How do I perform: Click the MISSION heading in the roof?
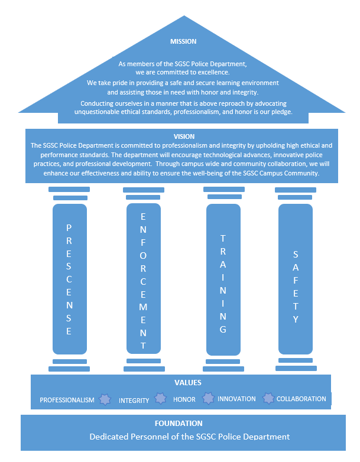183,41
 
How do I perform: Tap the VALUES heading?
188,383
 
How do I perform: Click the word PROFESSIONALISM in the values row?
67,400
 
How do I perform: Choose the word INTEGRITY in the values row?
134,400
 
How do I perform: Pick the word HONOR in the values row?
184,399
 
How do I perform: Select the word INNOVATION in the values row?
236,399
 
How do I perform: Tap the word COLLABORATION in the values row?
301,399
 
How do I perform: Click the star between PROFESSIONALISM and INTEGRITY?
105,399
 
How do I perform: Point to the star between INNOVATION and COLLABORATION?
268,399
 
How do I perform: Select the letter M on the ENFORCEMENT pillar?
143,307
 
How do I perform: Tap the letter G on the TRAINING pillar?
223,330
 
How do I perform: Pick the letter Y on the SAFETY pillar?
296,319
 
